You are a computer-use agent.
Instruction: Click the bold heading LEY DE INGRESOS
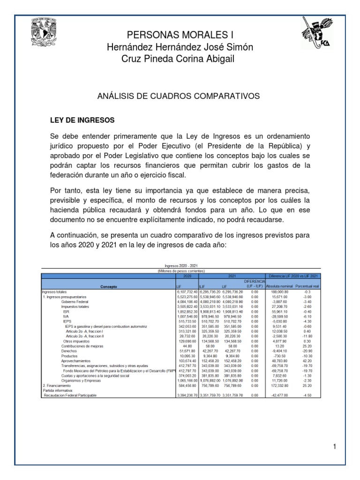tap(82, 120)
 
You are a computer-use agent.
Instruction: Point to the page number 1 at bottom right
tap(335, 434)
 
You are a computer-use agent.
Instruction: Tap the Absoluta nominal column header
tap(279, 286)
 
